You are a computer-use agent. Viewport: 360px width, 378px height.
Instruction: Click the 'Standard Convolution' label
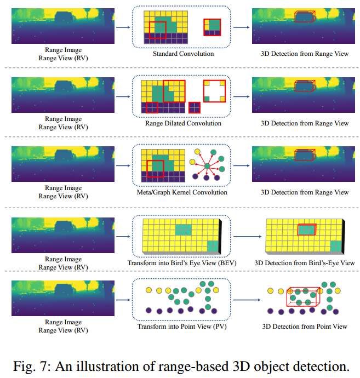coord(183,54)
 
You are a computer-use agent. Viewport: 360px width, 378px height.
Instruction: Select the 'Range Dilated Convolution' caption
coord(182,123)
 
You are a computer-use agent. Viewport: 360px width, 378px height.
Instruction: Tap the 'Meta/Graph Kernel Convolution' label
coord(182,192)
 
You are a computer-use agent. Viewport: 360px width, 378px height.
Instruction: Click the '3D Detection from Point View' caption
coord(305,327)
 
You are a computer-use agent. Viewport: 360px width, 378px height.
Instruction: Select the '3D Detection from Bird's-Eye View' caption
coord(305,264)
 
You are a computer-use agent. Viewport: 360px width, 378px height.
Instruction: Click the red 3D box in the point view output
coord(302,296)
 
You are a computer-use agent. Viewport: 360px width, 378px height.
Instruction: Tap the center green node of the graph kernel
coord(208,165)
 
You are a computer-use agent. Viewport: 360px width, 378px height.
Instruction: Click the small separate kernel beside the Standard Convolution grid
coord(212,27)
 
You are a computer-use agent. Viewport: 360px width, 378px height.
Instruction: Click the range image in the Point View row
coord(63,298)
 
